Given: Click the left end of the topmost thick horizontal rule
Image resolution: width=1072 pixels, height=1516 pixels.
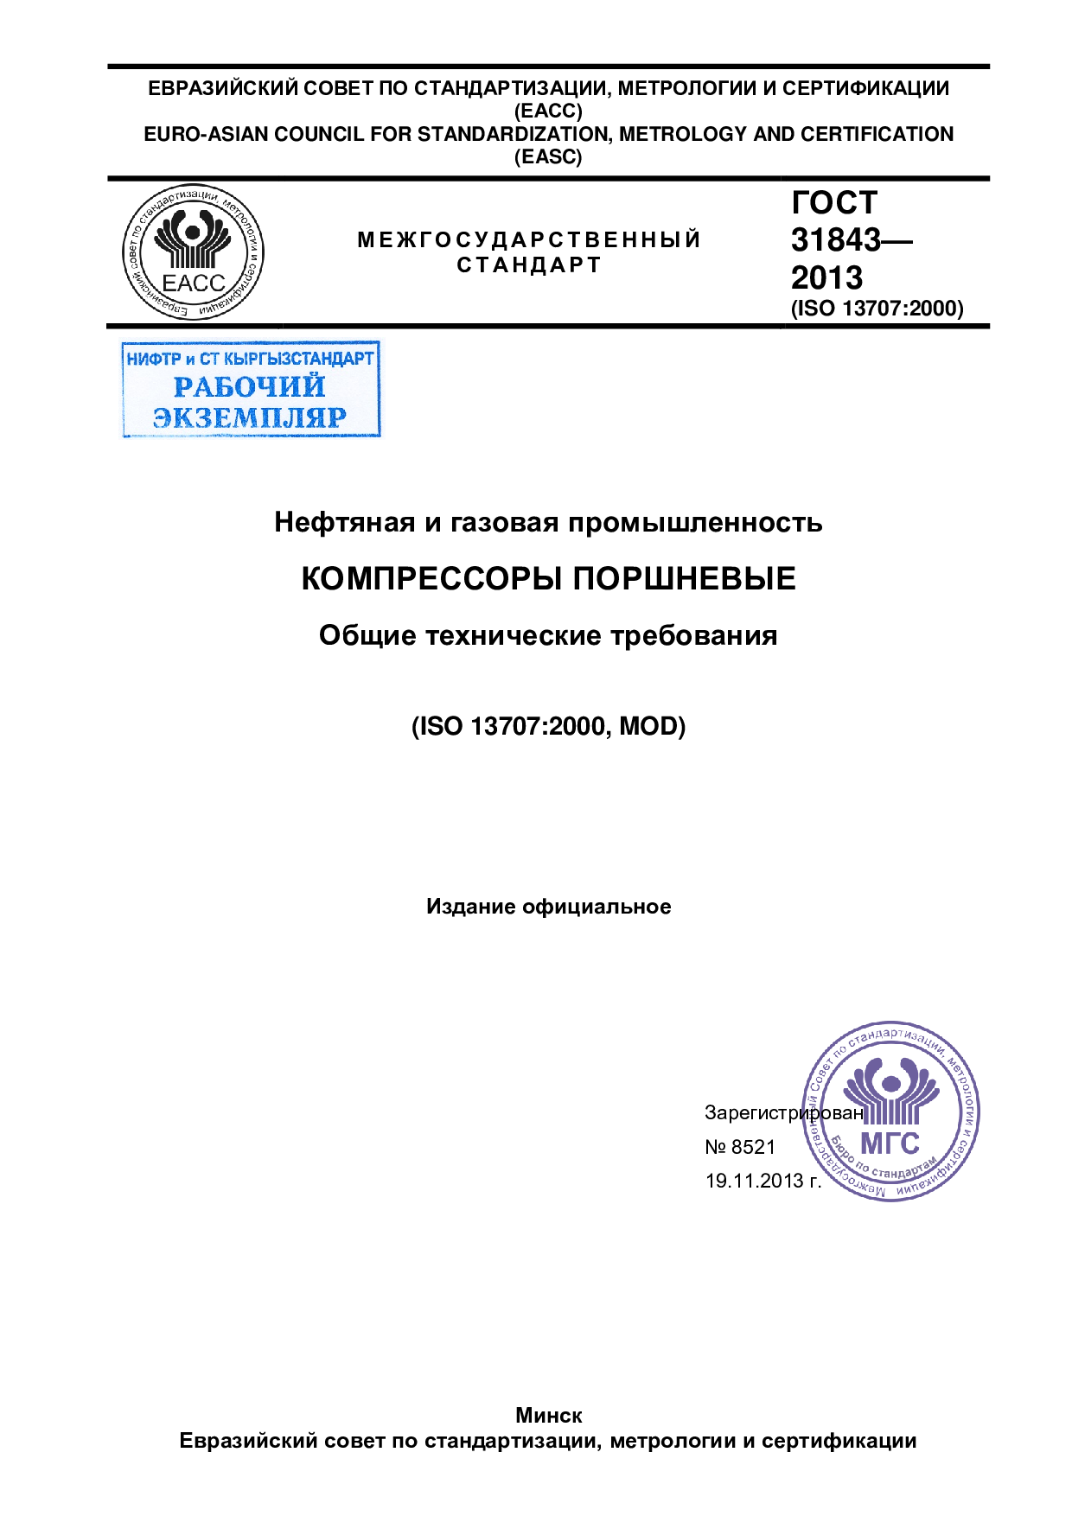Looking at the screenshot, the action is tap(108, 66).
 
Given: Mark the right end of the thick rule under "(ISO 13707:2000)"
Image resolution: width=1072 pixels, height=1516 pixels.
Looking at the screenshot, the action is tap(990, 326).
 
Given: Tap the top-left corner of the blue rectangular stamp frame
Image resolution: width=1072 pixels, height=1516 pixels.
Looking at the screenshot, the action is tap(122, 342).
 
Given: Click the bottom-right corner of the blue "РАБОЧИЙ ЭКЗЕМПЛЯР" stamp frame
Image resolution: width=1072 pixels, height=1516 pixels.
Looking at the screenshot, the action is tap(380, 436).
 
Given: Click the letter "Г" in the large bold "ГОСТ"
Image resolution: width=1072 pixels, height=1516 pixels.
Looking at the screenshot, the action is tap(802, 202).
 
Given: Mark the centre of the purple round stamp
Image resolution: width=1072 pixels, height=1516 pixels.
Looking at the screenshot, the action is tap(890, 1111).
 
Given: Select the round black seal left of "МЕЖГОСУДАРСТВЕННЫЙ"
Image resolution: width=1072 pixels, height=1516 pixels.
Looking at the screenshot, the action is tap(193, 252).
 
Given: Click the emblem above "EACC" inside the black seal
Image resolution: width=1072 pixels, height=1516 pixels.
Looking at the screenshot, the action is tap(193, 238).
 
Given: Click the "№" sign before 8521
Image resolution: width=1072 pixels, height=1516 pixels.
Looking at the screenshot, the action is tap(716, 1147).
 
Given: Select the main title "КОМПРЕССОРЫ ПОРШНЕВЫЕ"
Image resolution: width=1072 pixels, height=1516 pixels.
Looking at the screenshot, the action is tap(548, 578).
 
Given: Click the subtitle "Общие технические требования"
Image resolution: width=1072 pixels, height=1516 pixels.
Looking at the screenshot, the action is tap(548, 636).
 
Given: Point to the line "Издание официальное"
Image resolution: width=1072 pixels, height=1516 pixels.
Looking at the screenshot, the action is tap(548, 907).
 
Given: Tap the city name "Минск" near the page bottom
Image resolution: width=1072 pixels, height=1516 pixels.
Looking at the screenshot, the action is tap(549, 1415).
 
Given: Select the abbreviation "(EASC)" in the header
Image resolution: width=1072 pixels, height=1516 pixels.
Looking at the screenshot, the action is tap(549, 157).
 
